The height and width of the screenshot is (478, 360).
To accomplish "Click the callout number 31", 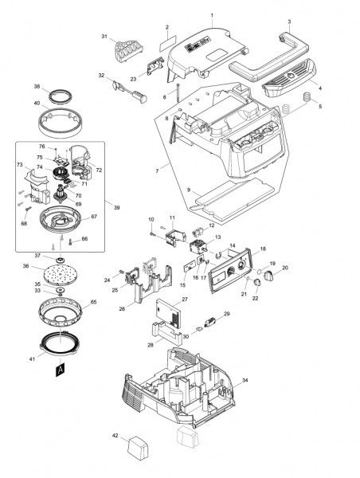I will pyautogui.click(x=104, y=37).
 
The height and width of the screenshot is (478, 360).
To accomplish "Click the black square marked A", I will pyautogui.click(x=59, y=370).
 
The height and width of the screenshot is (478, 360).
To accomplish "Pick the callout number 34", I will pyautogui.click(x=245, y=381).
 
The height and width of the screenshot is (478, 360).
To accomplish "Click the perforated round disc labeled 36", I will pyautogui.click(x=60, y=270).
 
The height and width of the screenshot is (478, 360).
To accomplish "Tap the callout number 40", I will pyautogui.click(x=36, y=103).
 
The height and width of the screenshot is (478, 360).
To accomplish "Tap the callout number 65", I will pyautogui.click(x=93, y=303).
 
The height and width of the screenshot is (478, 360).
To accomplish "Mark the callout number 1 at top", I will pyautogui.click(x=212, y=15).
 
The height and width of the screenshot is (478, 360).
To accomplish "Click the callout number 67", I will pyautogui.click(x=94, y=216).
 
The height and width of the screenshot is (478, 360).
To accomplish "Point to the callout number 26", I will pyautogui.click(x=122, y=309).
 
